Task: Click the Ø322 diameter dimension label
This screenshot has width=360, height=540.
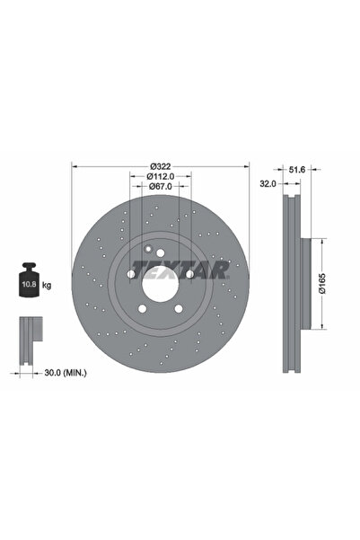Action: pyautogui.click(x=161, y=167)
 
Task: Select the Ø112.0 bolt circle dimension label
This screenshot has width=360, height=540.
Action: pyautogui.click(x=161, y=177)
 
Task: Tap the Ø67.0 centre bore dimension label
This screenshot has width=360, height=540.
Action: pyautogui.click(x=161, y=187)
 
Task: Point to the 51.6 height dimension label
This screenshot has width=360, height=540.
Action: pyautogui.click(x=297, y=170)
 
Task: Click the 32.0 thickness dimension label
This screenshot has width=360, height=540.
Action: pyautogui.click(x=268, y=184)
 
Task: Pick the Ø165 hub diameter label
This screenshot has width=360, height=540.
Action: pyautogui.click(x=321, y=283)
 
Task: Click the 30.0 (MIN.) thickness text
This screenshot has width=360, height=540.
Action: pyautogui.click(x=66, y=373)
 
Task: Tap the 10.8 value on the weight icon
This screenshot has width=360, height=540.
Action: pyautogui.click(x=28, y=285)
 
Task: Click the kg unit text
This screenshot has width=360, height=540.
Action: pyautogui.click(x=47, y=285)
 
